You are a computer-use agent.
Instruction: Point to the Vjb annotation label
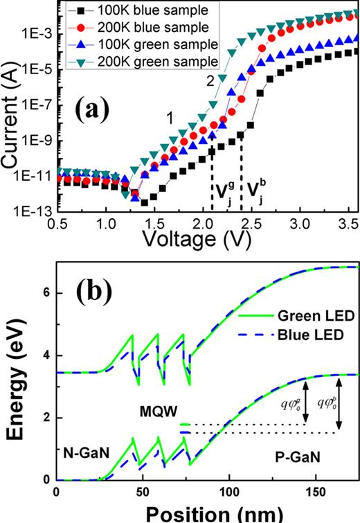click(x=256, y=190)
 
